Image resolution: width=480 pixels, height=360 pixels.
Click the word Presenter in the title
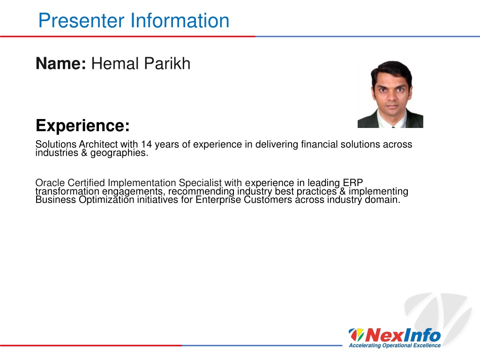(82, 21)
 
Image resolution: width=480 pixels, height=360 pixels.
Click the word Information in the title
(180, 21)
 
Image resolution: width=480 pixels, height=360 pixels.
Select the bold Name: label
(61, 63)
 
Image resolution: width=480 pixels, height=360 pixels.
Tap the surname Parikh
(167, 63)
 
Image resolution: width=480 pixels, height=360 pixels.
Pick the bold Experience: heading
(82, 126)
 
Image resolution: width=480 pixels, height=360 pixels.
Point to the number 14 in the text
(146, 144)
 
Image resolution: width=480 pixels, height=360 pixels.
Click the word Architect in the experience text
(98, 144)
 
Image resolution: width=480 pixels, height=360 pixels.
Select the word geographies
(119, 153)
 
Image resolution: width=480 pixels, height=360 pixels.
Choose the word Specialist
(200, 183)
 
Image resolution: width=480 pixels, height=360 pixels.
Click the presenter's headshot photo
(390, 94)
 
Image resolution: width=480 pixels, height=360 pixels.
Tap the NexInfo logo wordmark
(403, 335)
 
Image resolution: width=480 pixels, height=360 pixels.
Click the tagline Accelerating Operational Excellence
(395, 345)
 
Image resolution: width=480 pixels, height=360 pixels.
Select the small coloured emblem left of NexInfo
(356, 335)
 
